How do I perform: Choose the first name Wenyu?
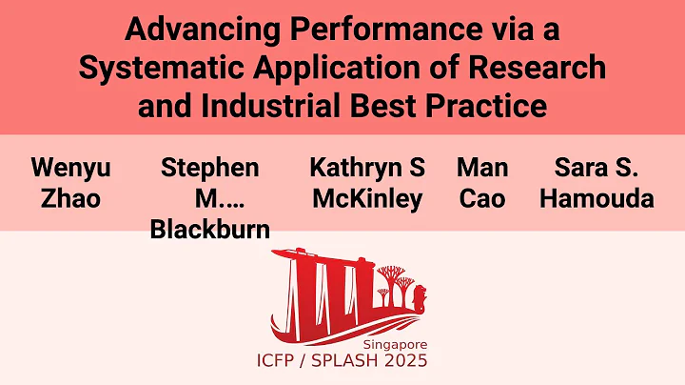(70, 169)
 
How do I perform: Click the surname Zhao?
(70, 199)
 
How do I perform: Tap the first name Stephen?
(209, 169)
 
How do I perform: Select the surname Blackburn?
(210, 230)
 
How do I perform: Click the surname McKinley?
(366, 199)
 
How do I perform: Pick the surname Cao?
(481, 199)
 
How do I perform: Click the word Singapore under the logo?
(395, 343)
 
